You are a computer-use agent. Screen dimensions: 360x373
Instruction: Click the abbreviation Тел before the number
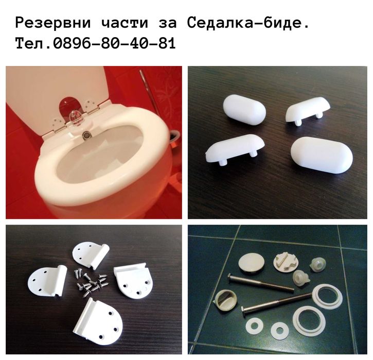[31, 44]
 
